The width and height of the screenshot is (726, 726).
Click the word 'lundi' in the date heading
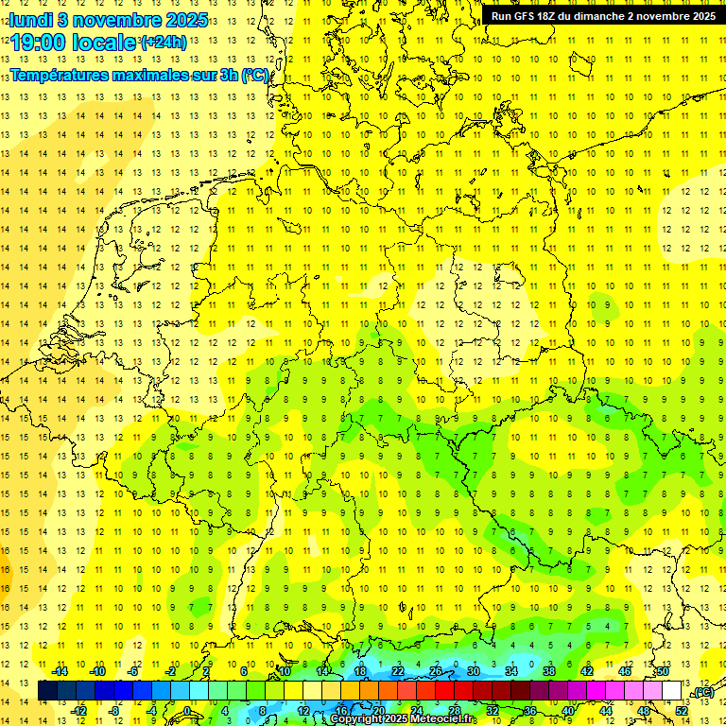pyautogui.click(x=31, y=20)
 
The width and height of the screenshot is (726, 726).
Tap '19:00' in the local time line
pyautogui.click(x=41, y=43)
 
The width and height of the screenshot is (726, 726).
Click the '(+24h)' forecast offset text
pyautogui.click(x=164, y=42)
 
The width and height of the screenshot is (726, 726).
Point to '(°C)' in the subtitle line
pyautogui.click(x=255, y=75)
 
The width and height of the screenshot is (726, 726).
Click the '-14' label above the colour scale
pyautogui.click(x=60, y=671)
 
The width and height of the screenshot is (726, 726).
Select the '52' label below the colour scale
pyautogui.click(x=682, y=711)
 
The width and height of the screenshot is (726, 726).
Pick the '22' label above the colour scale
pyautogui.click(x=398, y=671)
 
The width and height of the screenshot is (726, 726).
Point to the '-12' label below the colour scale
pyautogui.click(x=78, y=711)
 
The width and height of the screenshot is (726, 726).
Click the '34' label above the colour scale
pyautogui.click(x=511, y=671)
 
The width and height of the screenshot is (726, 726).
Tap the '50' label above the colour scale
pyautogui.click(x=663, y=671)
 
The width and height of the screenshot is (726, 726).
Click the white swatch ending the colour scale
pyautogui.click(x=672, y=691)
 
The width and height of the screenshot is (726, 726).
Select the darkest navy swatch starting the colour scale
pyautogui.click(x=47, y=691)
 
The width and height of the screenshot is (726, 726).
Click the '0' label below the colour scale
pyautogui.click(x=187, y=711)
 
